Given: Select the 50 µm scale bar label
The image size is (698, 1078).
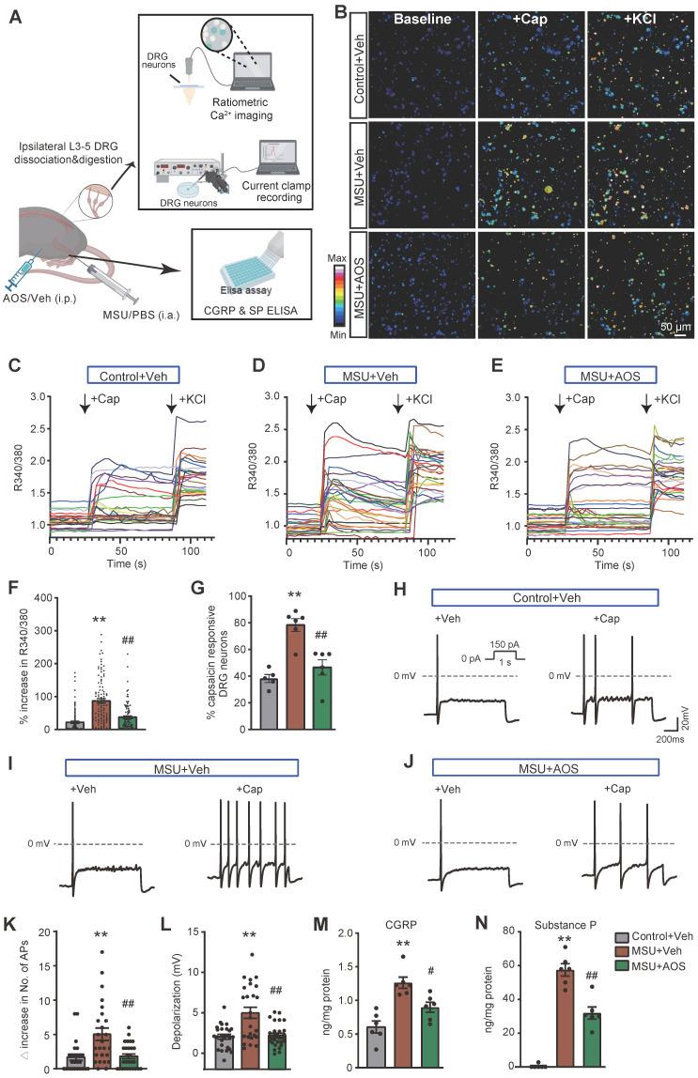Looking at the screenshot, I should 663,327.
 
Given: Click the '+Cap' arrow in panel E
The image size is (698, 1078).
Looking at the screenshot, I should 561,405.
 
